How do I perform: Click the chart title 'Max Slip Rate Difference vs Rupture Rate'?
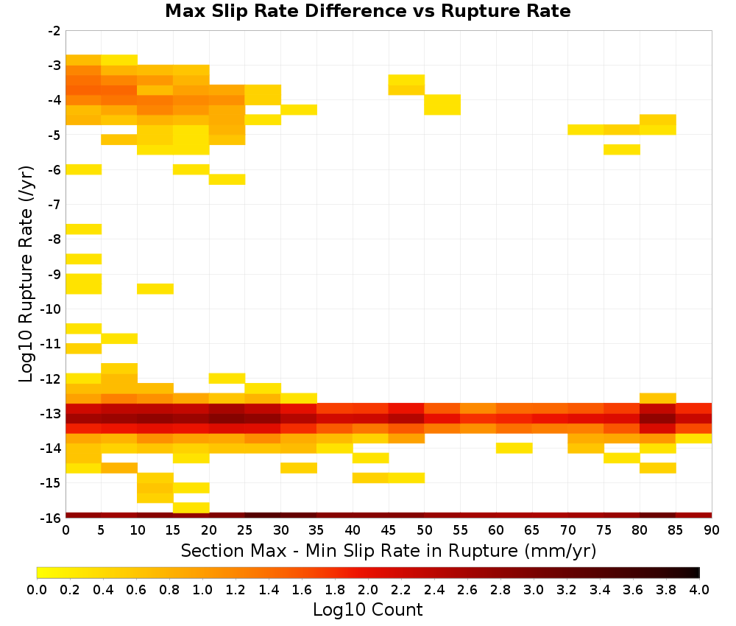[x=367, y=11]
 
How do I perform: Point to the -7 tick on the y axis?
[x=54, y=204]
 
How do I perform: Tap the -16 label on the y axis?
[x=52, y=518]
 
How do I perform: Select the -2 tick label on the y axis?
[x=54, y=31]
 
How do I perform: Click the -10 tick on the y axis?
[x=52, y=309]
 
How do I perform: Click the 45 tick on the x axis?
[x=388, y=530]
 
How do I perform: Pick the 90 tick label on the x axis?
[x=712, y=530]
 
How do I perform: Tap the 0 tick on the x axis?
[x=66, y=530]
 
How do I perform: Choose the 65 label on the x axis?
[x=532, y=530]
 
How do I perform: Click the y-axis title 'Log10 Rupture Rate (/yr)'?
[x=26, y=274]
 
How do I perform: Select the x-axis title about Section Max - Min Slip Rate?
[x=388, y=550]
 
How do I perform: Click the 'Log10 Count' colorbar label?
[x=367, y=610]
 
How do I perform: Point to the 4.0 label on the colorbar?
[x=699, y=590]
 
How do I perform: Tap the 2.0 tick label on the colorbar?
[x=368, y=590]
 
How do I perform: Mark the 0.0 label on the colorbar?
[x=37, y=590]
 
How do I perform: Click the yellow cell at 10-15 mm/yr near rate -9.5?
[x=155, y=289]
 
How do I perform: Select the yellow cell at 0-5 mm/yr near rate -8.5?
[x=84, y=259]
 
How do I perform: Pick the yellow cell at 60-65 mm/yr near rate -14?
[x=514, y=448]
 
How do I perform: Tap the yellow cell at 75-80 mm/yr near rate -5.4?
[x=621, y=150]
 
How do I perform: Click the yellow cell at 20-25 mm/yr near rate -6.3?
[x=227, y=180]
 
